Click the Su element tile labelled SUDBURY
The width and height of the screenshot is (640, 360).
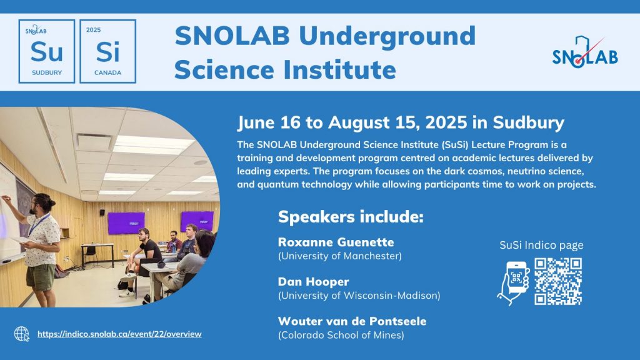coord(46,51)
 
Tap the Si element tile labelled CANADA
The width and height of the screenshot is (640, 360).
coord(107,51)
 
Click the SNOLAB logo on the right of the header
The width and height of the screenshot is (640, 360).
coord(585,52)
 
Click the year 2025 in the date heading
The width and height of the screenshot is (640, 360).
coord(446,122)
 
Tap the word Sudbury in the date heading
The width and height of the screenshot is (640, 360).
coord(529,123)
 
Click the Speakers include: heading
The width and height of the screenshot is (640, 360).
coord(351,217)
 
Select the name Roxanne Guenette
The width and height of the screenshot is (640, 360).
coord(336,242)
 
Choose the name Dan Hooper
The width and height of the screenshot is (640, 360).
coord(314,282)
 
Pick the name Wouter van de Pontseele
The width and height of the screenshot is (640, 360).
coord(352,321)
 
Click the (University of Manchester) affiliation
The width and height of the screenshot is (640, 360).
coord(339,256)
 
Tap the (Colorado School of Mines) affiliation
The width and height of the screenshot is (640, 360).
coord(341,335)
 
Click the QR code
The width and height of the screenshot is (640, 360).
coord(558,281)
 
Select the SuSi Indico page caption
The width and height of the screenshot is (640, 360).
coord(541,245)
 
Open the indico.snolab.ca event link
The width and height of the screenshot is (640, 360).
coord(119,334)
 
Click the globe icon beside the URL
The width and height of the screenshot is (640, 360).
coord(22,334)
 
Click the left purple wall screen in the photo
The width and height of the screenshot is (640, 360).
coord(126,223)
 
